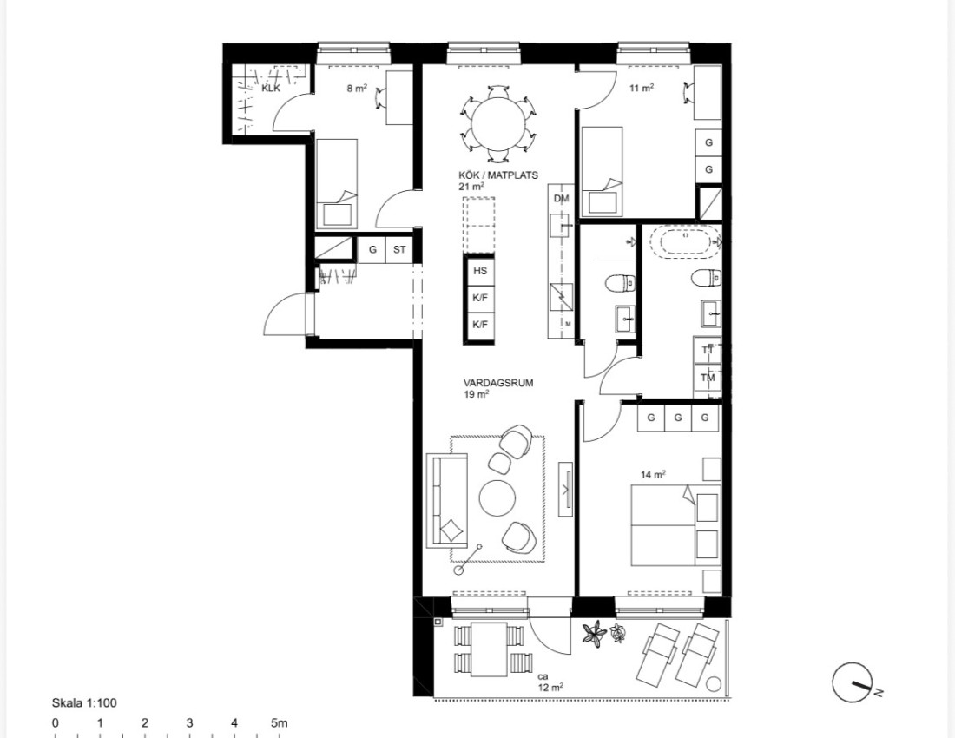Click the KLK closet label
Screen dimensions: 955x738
click(x=270, y=89)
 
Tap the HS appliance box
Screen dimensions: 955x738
click(x=480, y=271)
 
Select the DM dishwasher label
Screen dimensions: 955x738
click(x=561, y=199)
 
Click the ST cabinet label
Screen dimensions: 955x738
click(x=399, y=249)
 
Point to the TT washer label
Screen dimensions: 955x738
click(x=708, y=350)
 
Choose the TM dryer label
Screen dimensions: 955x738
click(x=708, y=378)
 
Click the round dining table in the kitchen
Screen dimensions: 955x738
click(x=499, y=123)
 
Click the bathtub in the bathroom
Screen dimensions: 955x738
click(x=686, y=242)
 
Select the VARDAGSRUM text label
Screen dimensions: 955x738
click(x=498, y=383)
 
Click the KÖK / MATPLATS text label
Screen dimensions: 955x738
click(x=498, y=175)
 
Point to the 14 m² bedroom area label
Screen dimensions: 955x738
click(x=653, y=474)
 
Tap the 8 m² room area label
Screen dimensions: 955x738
click(x=357, y=89)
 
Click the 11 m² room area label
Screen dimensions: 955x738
click(x=642, y=89)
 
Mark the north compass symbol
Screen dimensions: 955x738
click(x=853, y=682)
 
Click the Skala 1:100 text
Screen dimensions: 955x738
click(x=84, y=702)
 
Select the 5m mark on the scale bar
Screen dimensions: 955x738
click(x=279, y=723)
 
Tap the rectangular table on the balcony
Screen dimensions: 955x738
click(x=489, y=649)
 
